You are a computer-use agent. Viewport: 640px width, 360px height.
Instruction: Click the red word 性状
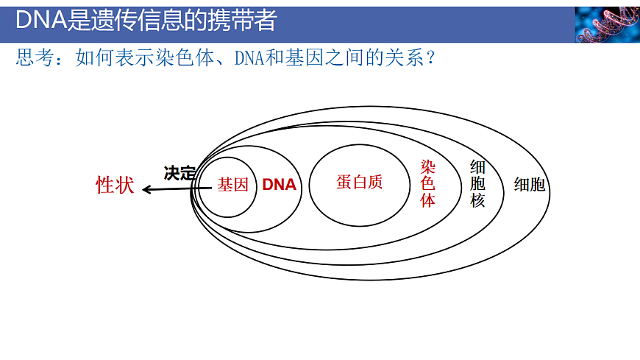tap(115, 186)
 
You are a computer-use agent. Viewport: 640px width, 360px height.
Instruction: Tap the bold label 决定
tap(179, 174)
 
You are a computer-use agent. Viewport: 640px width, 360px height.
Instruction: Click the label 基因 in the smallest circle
tap(232, 186)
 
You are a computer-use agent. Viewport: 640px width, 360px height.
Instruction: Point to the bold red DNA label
tap(280, 186)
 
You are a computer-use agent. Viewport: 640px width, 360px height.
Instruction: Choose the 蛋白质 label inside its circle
tap(360, 183)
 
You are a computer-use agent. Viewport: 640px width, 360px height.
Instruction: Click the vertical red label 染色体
tap(428, 183)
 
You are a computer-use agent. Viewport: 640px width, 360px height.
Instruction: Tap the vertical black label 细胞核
tap(478, 183)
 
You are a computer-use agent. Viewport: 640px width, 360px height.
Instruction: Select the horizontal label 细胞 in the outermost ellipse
tap(530, 185)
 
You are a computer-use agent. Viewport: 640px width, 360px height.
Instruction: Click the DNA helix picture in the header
tap(607, 24)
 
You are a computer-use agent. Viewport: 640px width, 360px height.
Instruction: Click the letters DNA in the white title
tap(40, 21)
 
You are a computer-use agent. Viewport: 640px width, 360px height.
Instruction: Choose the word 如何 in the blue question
tap(90, 58)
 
